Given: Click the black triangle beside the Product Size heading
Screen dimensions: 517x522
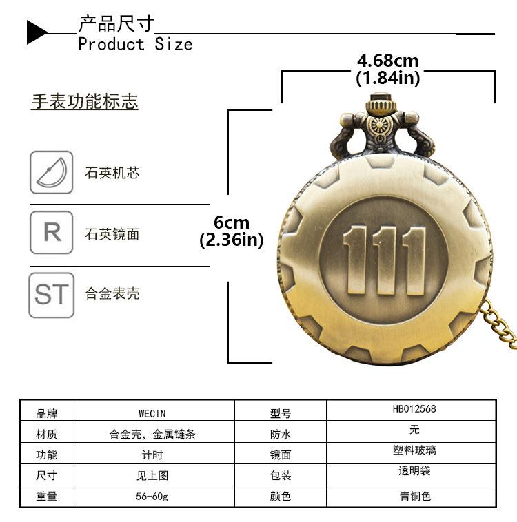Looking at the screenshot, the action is [x=37, y=32].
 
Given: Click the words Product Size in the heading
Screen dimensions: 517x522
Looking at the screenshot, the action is [x=135, y=44].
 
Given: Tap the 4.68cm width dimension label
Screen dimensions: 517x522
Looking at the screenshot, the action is [x=387, y=62].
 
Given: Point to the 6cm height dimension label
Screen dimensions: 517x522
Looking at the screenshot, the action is [x=232, y=222].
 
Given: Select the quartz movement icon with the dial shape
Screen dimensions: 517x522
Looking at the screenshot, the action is [x=51, y=172].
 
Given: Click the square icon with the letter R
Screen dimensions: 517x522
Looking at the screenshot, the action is [x=51, y=233].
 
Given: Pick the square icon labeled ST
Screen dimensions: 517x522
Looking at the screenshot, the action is [x=51, y=295].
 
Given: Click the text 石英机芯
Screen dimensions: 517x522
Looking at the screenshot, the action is [x=112, y=173].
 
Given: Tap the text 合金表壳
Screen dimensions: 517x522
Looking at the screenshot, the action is [x=112, y=293].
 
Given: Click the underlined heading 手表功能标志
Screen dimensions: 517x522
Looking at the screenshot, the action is [x=84, y=102].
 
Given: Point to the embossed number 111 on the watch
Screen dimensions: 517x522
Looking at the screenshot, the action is [x=384, y=260].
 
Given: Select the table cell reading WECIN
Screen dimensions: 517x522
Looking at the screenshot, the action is [x=152, y=413].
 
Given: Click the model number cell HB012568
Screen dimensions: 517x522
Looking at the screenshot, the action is [x=414, y=409].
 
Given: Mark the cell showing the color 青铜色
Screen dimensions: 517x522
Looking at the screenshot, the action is [x=414, y=496].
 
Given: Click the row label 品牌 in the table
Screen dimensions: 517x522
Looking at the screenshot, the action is [x=47, y=413].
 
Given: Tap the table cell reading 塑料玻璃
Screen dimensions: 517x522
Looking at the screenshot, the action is [x=414, y=451].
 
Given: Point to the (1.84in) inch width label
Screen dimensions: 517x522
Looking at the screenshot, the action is [x=387, y=78].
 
